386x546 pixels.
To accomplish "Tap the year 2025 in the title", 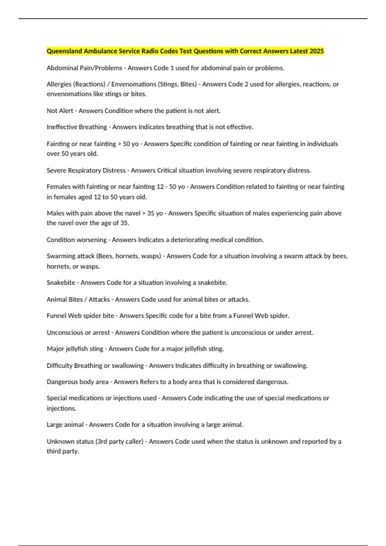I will coord(317,51).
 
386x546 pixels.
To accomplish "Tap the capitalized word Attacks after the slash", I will coord(99,299).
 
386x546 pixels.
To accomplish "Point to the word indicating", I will coord(218,398).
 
